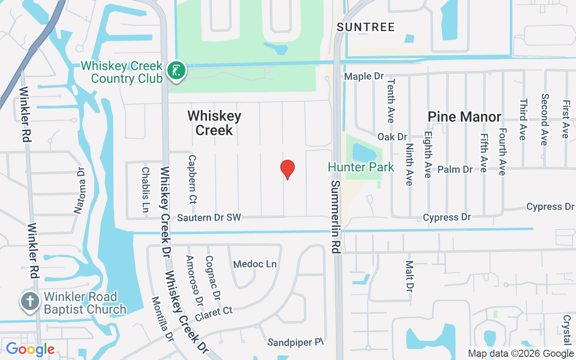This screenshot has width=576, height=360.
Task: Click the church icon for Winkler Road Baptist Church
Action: click(30, 302)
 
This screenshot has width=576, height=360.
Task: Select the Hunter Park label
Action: click(361, 167)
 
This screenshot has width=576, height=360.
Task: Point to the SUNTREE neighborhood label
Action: click(366, 27)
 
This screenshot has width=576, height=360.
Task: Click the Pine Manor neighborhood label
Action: click(464, 117)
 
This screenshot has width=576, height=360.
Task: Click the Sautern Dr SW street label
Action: click(209, 218)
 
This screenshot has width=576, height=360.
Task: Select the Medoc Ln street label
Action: click(255, 264)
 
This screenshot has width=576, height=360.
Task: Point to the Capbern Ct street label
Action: click(193, 179)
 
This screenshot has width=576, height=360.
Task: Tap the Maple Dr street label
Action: click(364, 76)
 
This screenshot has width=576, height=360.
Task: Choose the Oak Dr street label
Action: click(392, 136)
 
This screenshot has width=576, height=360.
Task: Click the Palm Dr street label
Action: click(455, 169)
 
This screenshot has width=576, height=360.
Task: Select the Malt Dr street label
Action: click(409, 275)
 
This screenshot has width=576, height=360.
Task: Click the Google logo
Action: click(30, 349)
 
